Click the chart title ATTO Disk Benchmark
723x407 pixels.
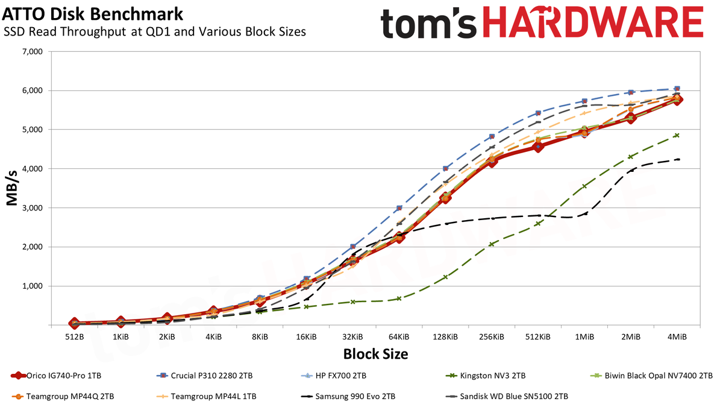[92, 14]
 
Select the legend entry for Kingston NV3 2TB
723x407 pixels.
[486, 376]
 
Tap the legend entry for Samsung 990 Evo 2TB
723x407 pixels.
[348, 396]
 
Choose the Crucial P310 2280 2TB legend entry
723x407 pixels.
[205, 376]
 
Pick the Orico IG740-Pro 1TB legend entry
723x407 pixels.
[56, 376]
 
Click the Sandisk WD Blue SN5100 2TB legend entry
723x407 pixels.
[507, 396]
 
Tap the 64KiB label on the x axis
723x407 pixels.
[399, 337]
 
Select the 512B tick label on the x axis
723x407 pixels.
[75, 337]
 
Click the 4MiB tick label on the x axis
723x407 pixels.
[677, 337]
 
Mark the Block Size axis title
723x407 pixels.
[375, 355]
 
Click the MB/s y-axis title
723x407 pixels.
[11, 188]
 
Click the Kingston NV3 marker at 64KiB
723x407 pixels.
[399, 298]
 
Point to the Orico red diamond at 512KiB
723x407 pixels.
[537, 147]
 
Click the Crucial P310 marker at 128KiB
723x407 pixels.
[445, 168]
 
